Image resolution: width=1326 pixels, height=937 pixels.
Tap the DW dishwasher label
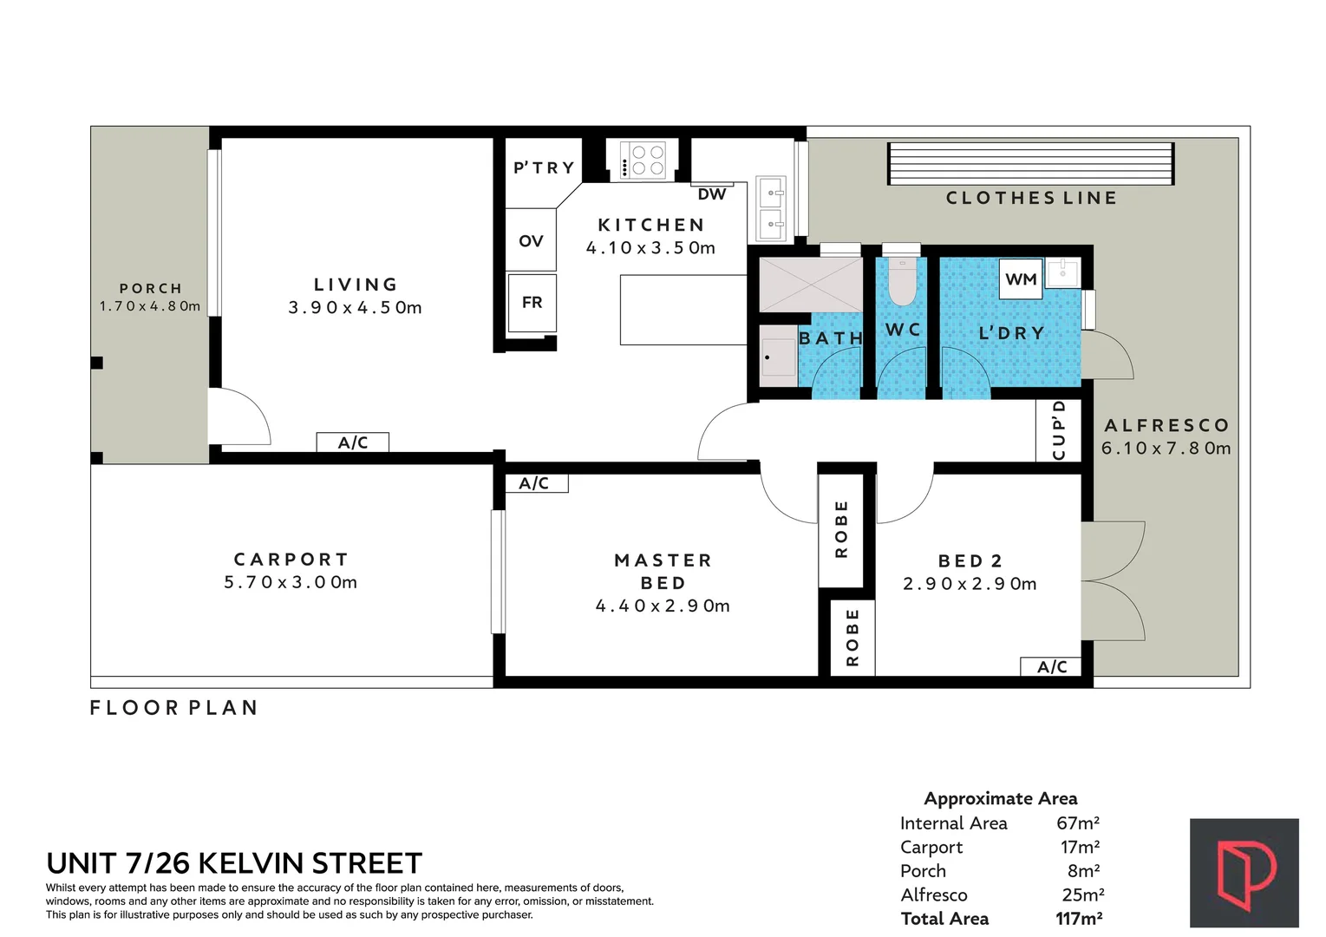click(x=711, y=194)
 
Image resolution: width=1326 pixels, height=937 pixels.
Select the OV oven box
click(x=531, y=240)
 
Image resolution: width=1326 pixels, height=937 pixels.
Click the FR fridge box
click(x=532, y=302)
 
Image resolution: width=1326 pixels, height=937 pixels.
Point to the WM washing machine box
click(x=1021, y=279)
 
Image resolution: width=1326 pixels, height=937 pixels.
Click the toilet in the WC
click(x=902, y=281)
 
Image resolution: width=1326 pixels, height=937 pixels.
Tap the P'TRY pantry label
click(x=544, y=167)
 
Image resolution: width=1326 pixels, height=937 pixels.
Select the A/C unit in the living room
click(x=352, y=442)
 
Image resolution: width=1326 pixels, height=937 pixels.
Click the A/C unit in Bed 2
click(x=1051, y=666)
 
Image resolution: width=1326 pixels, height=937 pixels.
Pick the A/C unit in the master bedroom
click(x=534, y=483)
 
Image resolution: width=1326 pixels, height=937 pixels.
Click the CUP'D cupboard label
click(x=1059, y=430)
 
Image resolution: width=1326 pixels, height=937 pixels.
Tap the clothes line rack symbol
click(x=1030, y=164)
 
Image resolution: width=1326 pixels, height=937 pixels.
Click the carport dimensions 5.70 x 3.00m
click(x=291, y=582)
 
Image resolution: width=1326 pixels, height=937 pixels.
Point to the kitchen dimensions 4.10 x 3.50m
click(x=650, y=248)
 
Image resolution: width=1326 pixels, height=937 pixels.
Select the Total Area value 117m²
click(x=1079, y=919)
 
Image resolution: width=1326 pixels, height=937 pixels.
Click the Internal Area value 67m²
click(x=1078, y=823)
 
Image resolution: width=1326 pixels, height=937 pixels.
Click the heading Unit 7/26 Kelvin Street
click(x=234, y=863)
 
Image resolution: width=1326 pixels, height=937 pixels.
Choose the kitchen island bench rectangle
click(x=683, y=310)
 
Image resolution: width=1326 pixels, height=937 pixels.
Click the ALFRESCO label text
click(x=1166, y=425)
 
